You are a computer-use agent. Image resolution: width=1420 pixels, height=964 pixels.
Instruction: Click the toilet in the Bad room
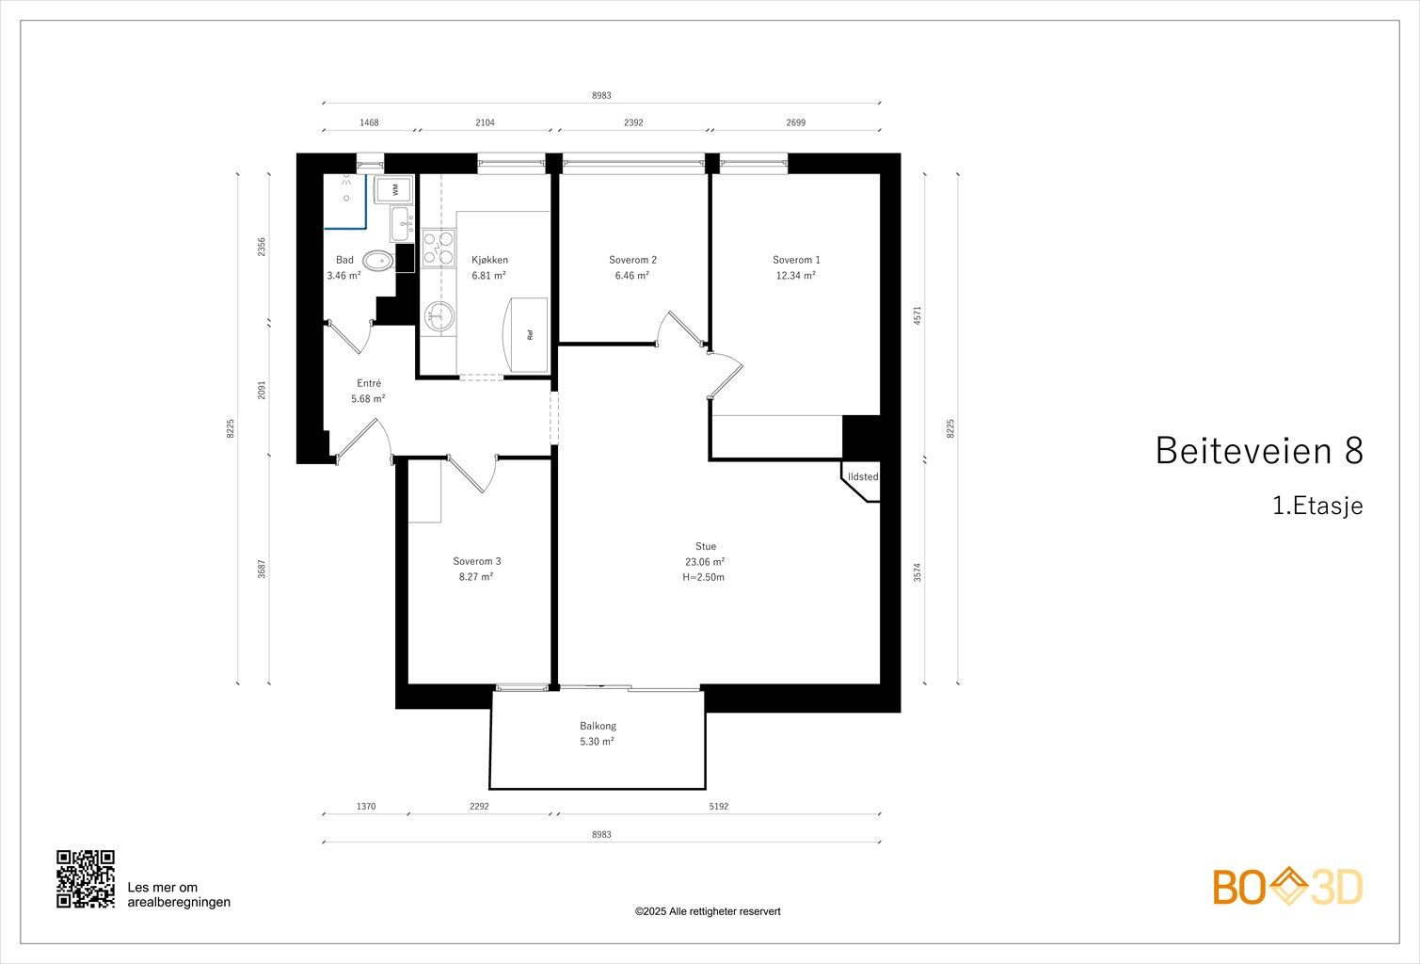point(378,260)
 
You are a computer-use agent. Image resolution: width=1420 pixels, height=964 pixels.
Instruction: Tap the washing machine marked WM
point(393,189)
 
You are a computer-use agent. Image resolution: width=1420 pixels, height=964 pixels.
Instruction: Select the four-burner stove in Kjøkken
point(439,248)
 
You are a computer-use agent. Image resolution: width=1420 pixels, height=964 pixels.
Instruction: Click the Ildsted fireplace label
point(863,476)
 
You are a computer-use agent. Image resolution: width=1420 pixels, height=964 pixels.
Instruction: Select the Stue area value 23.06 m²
point(705,561)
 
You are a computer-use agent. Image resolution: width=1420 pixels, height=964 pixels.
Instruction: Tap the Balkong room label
point(598,726)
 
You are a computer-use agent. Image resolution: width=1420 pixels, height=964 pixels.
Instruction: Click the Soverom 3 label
point(477,561)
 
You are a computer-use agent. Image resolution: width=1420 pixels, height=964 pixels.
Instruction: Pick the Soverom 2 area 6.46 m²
point(632,275)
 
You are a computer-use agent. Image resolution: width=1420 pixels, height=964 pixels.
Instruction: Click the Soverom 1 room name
point(796,260)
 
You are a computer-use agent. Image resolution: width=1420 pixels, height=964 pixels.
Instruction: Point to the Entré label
point(369,383)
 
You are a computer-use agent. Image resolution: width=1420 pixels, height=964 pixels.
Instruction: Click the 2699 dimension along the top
point(795,122)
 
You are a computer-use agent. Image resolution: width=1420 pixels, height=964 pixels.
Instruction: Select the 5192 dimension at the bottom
point(718,806)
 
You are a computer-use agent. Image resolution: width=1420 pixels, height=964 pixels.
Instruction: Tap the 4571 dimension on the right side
point(917,315)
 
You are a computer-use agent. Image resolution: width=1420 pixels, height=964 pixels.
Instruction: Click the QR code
point(86,879)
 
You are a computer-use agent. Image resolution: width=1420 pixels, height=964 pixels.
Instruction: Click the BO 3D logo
point(1287,886)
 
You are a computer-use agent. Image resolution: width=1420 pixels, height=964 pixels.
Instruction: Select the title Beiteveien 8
point(1259,450)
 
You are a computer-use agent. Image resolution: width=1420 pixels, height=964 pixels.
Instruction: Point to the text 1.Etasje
point(1317,506)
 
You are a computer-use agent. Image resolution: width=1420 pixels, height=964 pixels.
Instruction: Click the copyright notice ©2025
point(708,911)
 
